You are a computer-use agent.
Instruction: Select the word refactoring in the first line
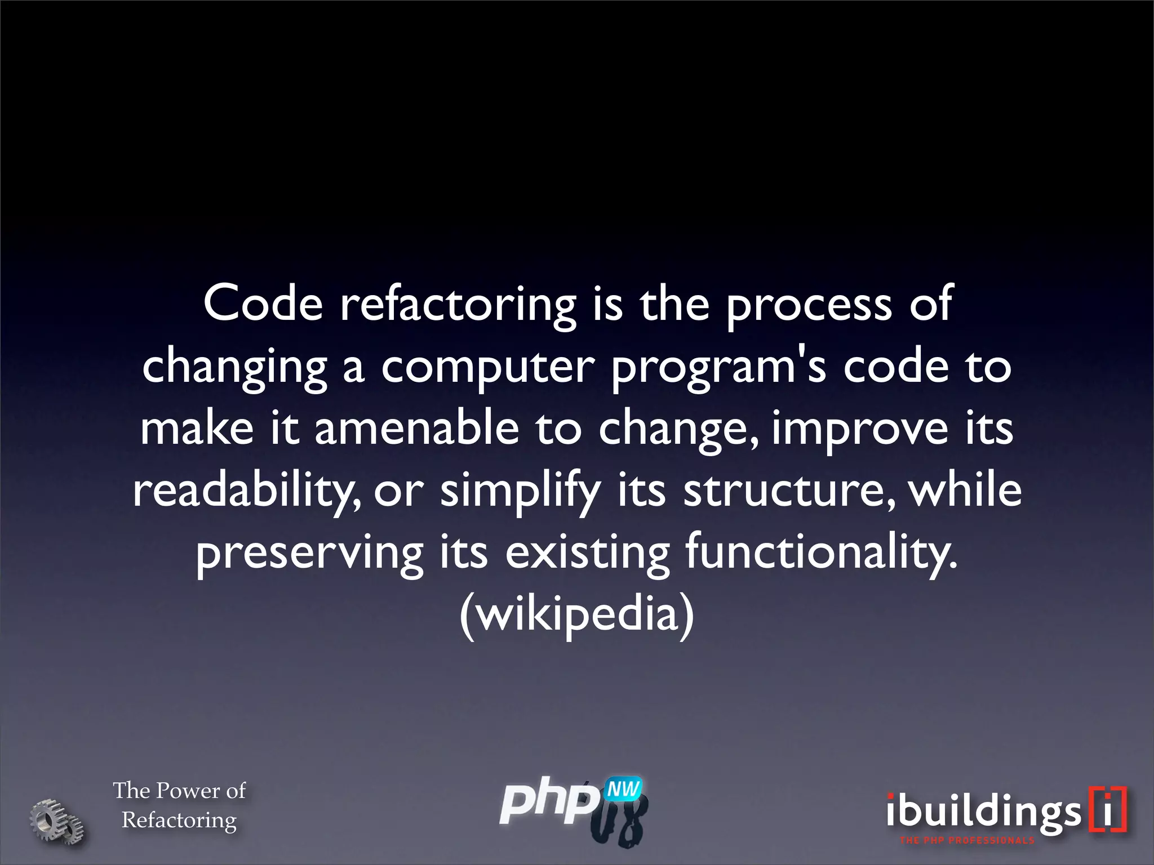[458, 307]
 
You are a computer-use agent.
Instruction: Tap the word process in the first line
[809, 307]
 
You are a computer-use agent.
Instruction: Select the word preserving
[309, 555]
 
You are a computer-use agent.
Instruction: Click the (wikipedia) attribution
[576, 615]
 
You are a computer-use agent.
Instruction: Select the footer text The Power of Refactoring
[179, 805]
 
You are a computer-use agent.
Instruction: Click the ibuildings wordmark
[983, 812]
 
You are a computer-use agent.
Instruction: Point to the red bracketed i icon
[1108, 809]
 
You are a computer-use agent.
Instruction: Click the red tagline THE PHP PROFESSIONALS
[967, 841]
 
